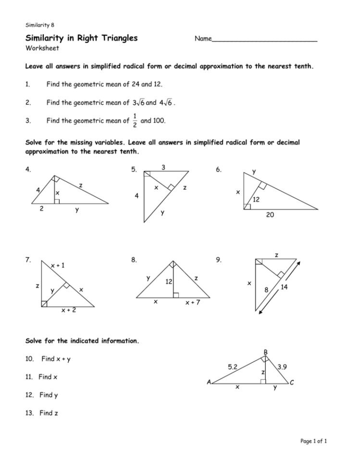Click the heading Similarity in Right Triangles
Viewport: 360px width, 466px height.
pyautogui.click(x=81, y=38)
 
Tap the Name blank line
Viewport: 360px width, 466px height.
pyautogui.click(x=264, y=41)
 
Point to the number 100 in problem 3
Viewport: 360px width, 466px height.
pyautogui.click(x=158, y=121)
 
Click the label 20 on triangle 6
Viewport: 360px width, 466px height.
pyautogui.click(x=270, y=216)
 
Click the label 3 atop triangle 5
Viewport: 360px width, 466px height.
pyautogui.click(x=163, y=167)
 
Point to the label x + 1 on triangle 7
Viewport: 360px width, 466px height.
pyautogui.click(x=58, y=265)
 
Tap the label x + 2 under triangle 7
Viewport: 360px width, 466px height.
pyautogui.click(x=68, y=310)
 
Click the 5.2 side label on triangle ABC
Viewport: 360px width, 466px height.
pyautogui.click(x=232, y=367)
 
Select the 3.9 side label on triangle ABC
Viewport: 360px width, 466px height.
pyautogui.click(x=282, y=367)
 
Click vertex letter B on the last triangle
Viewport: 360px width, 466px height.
pyautogui.click(x=265, y=352)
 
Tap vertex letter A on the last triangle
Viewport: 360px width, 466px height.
pyautogui.click(x=209, y=382)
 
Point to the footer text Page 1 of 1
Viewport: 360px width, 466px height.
pyautogui.click(x=312, y=441)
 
